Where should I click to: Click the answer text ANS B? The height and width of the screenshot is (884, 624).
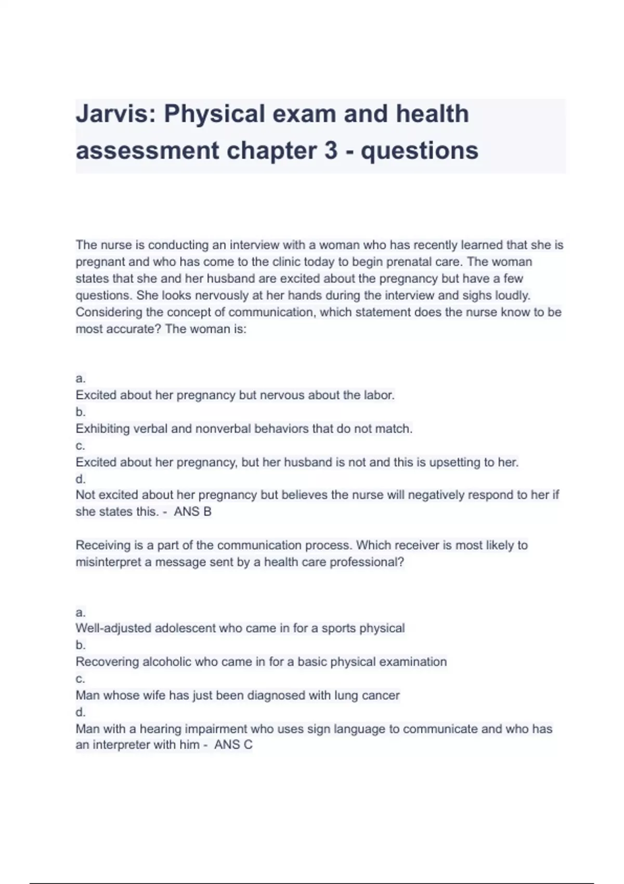point(192,512)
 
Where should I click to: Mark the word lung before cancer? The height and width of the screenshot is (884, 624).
point(345,695)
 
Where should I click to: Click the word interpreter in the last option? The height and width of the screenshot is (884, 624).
point(123,745)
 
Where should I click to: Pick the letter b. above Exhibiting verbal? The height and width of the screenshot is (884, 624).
point(80,412)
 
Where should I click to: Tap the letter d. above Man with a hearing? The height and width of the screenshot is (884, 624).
point(80,712)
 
